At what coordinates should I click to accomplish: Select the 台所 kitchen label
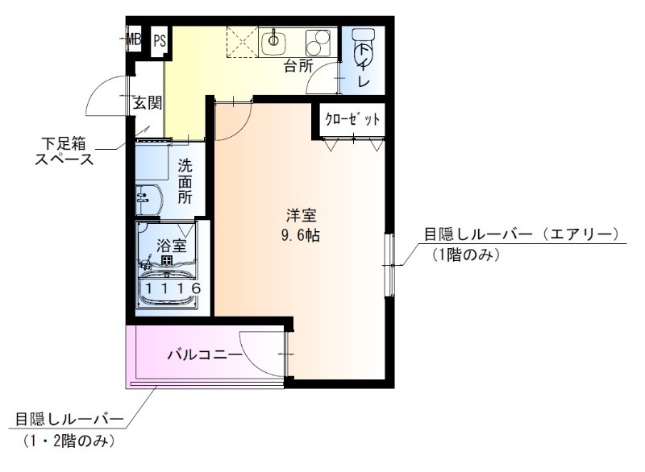[298, 66]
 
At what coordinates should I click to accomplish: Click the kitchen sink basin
[275, 39]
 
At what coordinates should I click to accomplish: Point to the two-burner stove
[318, 39]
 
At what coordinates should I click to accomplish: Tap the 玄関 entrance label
[148, 102]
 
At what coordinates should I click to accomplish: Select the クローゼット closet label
[352, 121]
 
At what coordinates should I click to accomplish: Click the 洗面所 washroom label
[185, 181]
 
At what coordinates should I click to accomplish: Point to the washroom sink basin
[145, 196]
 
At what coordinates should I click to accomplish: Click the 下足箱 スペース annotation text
[64, 151]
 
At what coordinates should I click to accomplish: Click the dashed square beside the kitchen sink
[240, 40]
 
